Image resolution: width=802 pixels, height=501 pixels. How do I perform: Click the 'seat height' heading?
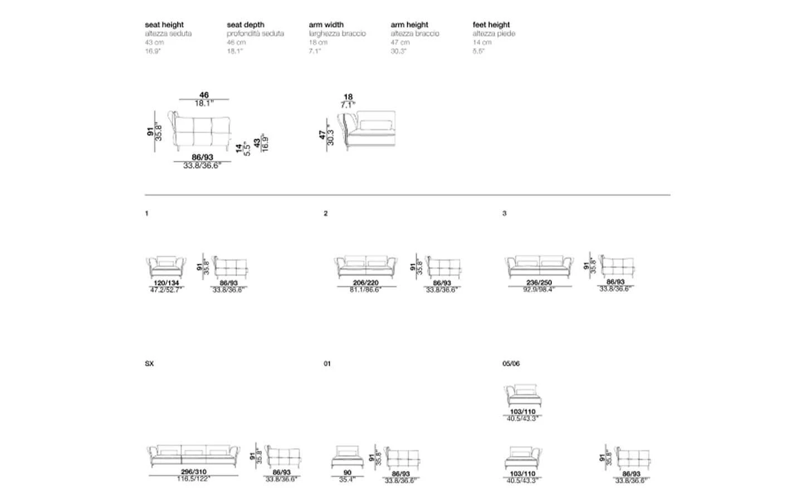point(164,24)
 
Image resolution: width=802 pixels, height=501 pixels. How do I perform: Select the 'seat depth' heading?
point(246,24)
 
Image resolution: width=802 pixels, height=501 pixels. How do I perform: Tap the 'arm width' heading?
point(326,24)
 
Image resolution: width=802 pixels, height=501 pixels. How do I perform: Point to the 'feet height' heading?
point(491,24)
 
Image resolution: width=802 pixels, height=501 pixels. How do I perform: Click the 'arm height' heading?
point(409,24)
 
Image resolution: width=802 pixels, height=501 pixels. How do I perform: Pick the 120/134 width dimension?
point(167,283)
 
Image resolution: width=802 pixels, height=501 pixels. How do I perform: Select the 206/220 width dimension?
point(366,283)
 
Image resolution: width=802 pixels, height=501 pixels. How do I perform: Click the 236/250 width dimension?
point(539,283)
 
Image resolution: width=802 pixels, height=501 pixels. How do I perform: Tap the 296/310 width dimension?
point(194,472)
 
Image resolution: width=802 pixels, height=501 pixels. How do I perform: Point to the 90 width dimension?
point(348,473)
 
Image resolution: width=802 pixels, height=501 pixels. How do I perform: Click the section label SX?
point(149,364)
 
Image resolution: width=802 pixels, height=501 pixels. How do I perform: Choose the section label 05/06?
point(511,364)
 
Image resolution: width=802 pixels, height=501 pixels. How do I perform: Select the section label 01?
point(327,364)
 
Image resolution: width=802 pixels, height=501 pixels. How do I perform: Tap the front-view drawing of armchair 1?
point(166,266)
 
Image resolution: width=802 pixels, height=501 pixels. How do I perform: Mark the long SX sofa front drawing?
point(193,455)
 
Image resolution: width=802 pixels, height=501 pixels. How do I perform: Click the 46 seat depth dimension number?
point(204,95)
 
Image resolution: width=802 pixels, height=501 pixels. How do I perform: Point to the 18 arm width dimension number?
point(348,97)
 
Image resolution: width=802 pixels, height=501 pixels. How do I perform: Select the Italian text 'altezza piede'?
point(494,33)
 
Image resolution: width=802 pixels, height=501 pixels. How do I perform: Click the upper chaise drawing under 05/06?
point(522,395)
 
